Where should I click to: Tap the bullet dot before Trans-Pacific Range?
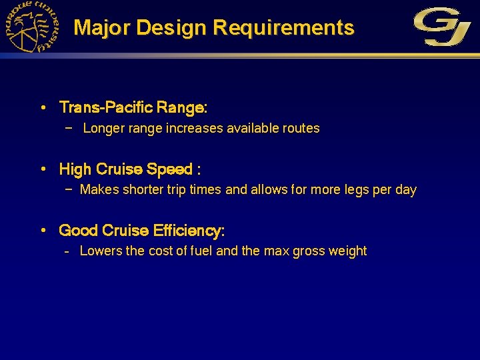tap(43, 107)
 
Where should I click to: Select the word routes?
tap(301, 128)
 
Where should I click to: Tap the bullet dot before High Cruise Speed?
tap(43, 169)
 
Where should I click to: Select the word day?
tap(405, 190)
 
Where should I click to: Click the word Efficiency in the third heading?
tap(189, 231)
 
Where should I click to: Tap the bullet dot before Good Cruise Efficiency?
tap(43, 231)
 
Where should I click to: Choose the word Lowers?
tap(100, 251)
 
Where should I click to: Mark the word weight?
tap(347, 251)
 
